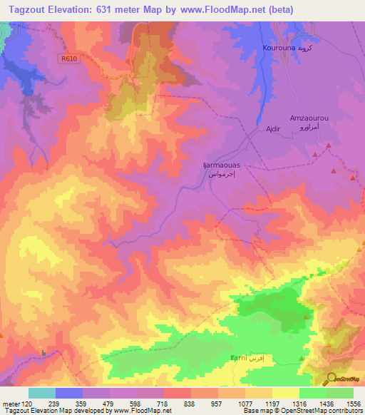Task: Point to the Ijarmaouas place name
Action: pyautogui.click(x=221, y=165)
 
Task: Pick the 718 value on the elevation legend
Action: pyautogui.click(x=163, y=403)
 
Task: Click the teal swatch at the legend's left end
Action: pyautogui.click(x=41, y=393)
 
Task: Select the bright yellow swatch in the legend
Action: pyautogui.click(x=285, y=393)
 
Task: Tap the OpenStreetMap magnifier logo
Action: pyautogui.click(x=330, y=378)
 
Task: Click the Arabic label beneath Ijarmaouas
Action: pyautogui.click(x=221, y=173)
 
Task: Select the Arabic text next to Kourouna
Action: pyautogui.click(x=304, y=49)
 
